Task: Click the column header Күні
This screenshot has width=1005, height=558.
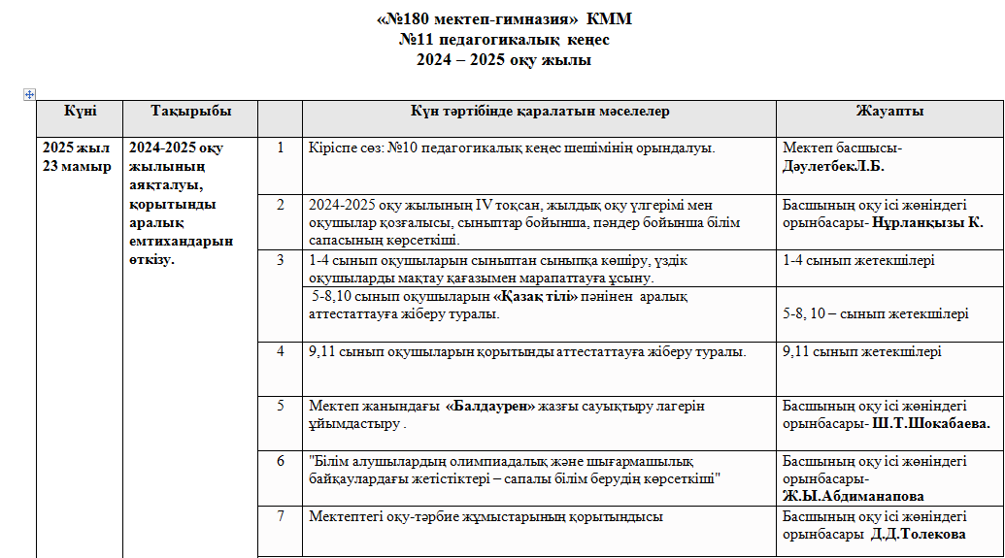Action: (80, 112)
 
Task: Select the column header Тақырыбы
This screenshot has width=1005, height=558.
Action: (190, 112)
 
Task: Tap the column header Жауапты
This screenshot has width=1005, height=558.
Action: (889, 112)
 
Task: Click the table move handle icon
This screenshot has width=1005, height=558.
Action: (29, 94)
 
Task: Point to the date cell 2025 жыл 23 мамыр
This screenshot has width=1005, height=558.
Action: (77, 157)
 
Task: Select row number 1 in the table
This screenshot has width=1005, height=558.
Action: (281, 148)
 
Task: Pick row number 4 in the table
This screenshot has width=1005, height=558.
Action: (281, 351)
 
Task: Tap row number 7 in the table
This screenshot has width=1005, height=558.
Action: (281, 516)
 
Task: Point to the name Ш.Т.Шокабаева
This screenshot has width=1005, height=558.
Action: (930, 424)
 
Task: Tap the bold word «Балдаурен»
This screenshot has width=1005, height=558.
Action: (490, 406)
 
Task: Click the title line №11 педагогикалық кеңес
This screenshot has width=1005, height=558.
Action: (503, 42)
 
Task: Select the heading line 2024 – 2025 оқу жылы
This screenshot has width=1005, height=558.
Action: (503, 60)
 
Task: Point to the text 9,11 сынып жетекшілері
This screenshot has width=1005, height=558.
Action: (861, 351)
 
